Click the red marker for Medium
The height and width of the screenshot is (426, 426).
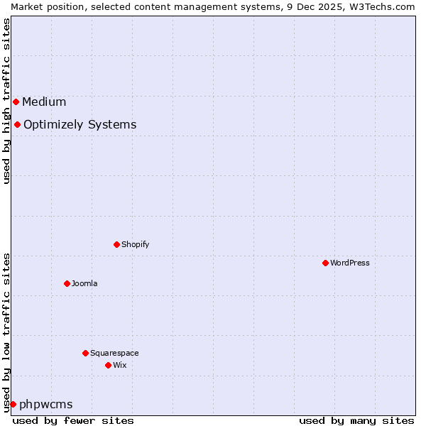click(16, 102)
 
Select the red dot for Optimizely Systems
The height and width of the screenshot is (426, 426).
click(17, 125)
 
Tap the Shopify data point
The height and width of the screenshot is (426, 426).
click(116, 244)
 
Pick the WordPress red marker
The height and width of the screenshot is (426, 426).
click(325, 263)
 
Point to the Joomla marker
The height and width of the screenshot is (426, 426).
click(67, 283)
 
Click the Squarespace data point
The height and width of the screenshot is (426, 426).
click(85, 353)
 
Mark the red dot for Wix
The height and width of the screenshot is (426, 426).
click(108, 365)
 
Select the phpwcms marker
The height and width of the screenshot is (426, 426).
click(13, 404)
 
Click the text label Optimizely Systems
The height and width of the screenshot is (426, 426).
click(80, 125)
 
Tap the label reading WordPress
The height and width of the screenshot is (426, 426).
click(350, 263)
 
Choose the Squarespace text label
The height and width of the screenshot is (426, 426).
click(114, 353)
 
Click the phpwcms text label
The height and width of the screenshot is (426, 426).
click(46, 404)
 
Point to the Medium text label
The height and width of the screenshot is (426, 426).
click(44, 102)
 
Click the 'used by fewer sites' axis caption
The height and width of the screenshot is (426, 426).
click(73, 420)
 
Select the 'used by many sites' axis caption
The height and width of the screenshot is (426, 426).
click(356, 420)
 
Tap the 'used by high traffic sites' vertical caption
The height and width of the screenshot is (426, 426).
click(6, 101)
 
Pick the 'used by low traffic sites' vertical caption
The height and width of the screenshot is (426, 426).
click(6, 332)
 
